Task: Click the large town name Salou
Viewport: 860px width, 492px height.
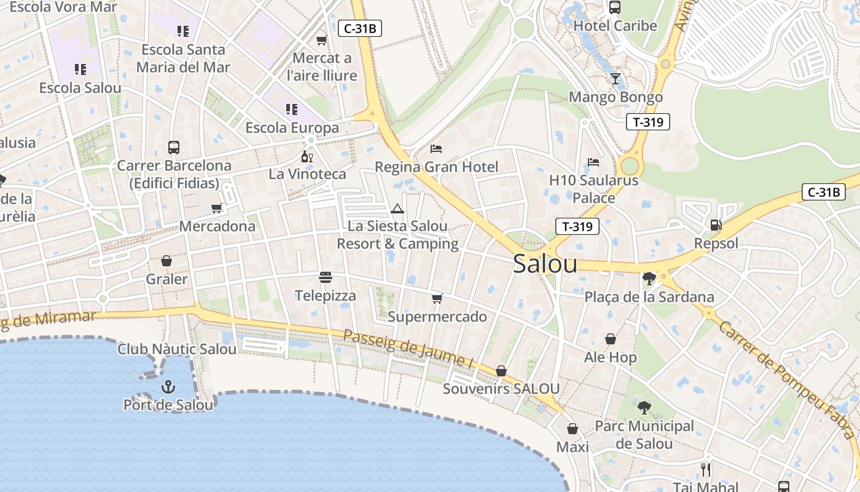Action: click(x=545, y=264)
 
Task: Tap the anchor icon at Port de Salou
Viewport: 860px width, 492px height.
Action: click(x=168, y=387)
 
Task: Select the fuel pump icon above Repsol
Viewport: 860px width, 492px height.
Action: click(x=716, y=225)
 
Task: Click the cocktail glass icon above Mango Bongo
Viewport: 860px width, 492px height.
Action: click(x=616, y=79)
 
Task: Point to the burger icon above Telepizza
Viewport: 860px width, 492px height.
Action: click(x=325, y=277)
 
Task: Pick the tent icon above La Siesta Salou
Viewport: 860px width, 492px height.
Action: click(x=397, y=208)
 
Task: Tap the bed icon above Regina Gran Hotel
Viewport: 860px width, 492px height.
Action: click(x=436, y=149)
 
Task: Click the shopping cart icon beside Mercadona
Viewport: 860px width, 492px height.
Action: click(x=216, y=208)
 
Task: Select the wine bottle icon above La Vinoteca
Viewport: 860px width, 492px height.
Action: click(x=307, y=156)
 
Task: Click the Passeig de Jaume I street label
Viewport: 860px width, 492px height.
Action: click(x=408, y=349)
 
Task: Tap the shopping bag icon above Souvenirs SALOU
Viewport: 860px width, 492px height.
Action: click(x=501, y=371)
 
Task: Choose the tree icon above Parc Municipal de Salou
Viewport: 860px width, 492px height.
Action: click(x=644, y=407)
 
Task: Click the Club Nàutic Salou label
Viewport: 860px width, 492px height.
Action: click(x=177, y=349)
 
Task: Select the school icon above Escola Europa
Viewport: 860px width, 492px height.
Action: click(x=292, y=109)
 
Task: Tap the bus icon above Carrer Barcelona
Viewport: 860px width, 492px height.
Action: click(x=174, y=148)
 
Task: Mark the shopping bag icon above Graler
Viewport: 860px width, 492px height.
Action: click(x=166, y=261)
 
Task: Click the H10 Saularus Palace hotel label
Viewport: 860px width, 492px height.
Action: click(x=593, y=189)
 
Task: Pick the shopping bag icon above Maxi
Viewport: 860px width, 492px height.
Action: click(x=573, y=429)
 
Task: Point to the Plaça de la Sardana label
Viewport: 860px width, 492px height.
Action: click(x=649, y=297)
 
